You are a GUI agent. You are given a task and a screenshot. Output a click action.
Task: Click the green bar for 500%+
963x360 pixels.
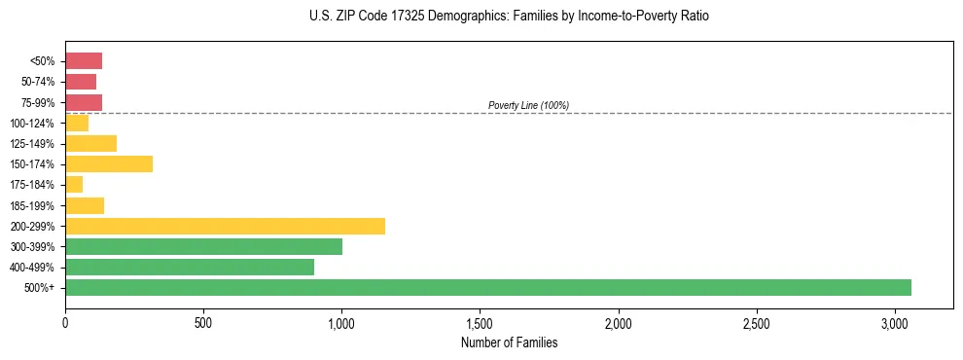(x=487, y=287)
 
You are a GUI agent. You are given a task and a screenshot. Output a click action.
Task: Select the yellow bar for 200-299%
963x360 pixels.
(x=225, y=226)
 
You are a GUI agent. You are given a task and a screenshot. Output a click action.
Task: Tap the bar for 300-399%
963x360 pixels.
(x=203, y=246)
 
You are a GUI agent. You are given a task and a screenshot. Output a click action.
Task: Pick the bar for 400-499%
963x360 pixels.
(x=190, y=267)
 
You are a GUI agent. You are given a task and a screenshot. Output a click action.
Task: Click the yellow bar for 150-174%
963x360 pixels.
(x=109, y=163)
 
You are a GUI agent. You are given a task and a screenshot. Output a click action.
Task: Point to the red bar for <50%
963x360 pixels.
(x=84, y=60)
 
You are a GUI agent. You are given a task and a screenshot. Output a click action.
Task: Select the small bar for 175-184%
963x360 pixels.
(x=74, y=184)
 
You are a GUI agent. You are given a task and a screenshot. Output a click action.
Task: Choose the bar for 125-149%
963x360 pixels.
(x=90, y=143)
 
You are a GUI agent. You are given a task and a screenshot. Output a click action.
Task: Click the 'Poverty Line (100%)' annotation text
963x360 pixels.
(x=528, y=105)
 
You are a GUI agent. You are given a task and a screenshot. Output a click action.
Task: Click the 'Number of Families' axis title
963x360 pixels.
(x=509, y=342)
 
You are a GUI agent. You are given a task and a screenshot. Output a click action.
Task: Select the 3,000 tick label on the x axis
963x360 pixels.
(x=895, y=322)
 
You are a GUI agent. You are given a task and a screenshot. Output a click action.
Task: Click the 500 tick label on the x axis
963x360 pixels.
(x=203, y=322)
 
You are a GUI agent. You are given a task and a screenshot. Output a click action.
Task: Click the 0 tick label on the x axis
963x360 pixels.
(x=65, y=322)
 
